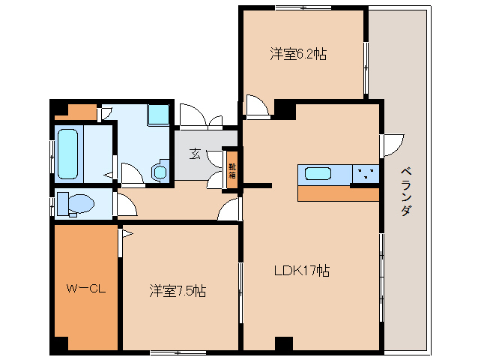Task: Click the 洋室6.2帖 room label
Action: pyautogui.click(x=298, y=54)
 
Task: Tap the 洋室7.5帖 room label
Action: pyautogui.click(x=178, y=290)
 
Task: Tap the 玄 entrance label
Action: pyautogui.click(x=195, y=154)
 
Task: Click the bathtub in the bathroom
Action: pyautogui.click(x=67, y=153)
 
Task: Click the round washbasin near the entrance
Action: pyautogui.click(x=160, y=172)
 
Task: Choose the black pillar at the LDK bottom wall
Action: pyautogui.click(x=283, y=344)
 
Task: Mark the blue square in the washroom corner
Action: pyautogui.click(x=158, y=114)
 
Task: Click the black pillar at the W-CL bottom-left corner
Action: pyautogui.click(x=59, y=345)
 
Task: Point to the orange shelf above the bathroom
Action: pyautogui.click(x=76, y=113)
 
